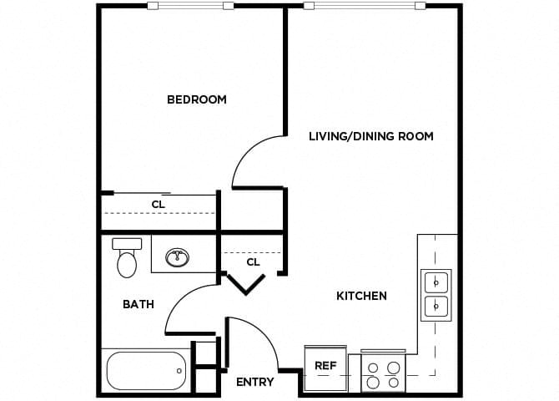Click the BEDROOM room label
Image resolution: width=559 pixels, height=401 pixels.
(197, 99)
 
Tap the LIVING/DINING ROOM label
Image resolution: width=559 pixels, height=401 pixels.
(371, 136)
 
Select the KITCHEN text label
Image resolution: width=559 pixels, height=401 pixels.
(361, 296)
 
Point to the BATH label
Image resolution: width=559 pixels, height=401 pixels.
(138, 304)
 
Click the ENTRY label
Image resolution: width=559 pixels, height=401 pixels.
(254, 382)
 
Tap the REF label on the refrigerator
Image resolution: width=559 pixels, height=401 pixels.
(325, 366)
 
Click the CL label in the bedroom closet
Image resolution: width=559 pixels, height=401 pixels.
(159, 203)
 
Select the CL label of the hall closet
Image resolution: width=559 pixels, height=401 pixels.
(253, 261)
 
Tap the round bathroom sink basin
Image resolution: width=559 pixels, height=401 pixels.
(177, 257)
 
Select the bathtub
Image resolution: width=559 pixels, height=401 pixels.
(146, 370)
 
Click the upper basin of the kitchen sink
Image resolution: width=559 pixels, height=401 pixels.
(436, 282)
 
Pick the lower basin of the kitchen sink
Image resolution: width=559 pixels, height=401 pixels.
(436, 307)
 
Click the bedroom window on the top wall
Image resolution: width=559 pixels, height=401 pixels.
(190, 6)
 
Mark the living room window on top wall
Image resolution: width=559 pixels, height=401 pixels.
(363, 6)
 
